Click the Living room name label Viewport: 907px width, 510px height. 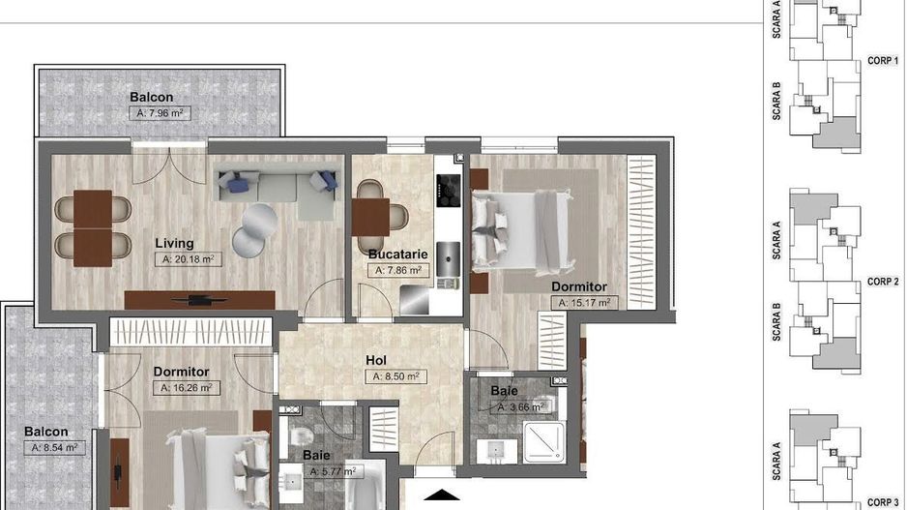click(175, 243)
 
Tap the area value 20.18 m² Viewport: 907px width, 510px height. click(186, 259)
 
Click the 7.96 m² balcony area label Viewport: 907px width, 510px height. click(160, 113)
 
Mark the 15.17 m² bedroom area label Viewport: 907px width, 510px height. click(584, 302)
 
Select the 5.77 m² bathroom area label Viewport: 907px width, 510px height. click(333, 471)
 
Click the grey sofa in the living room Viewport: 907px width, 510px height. click(277, 190)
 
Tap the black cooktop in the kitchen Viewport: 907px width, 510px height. click(449, 193)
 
